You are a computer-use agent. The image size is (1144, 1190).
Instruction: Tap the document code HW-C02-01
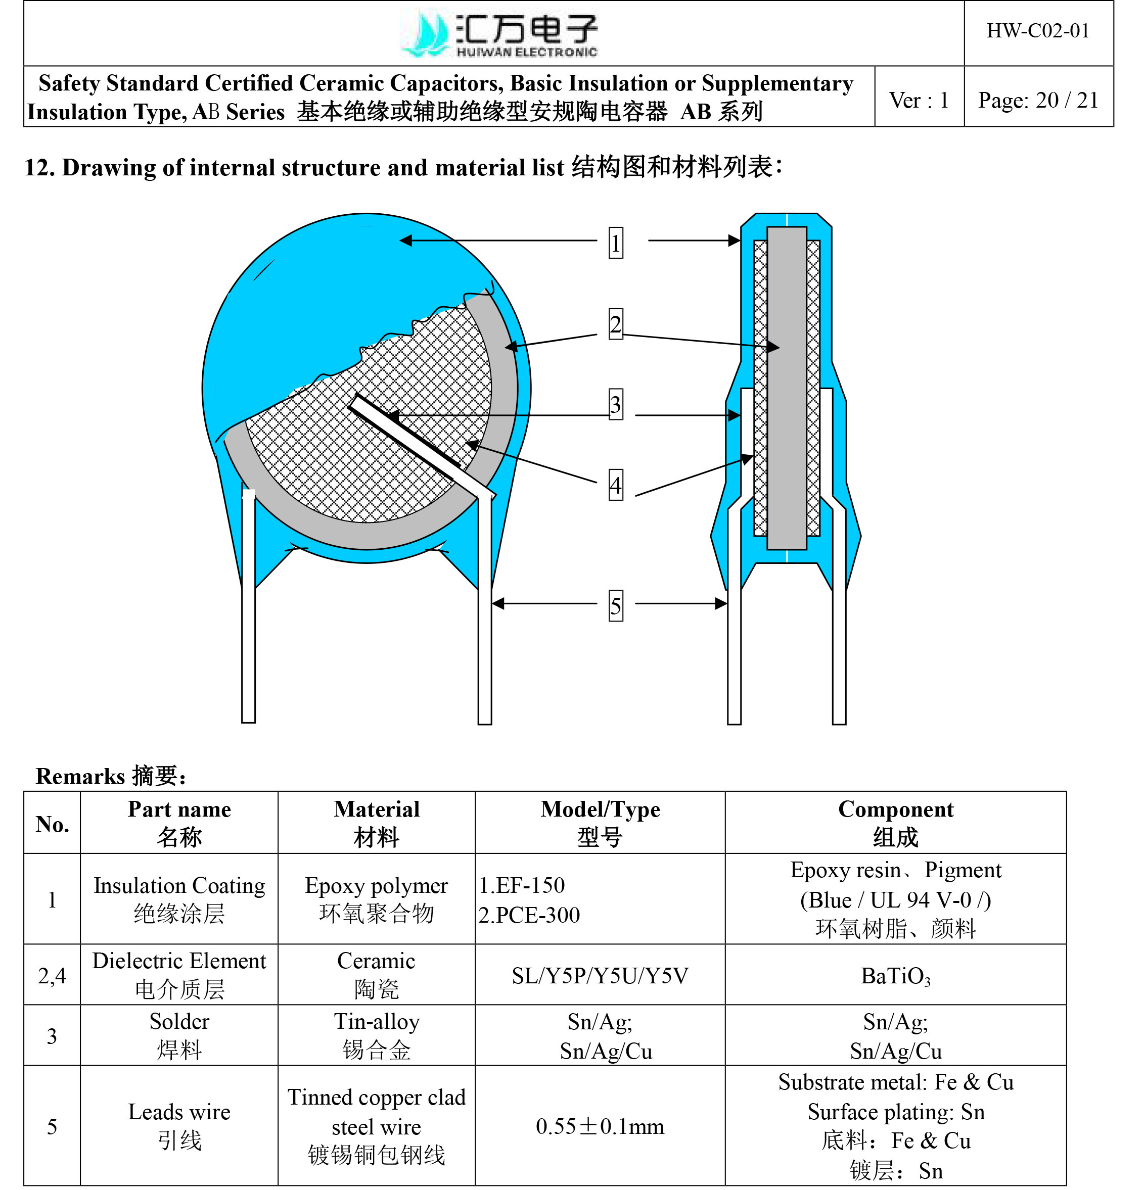pos(1038,31)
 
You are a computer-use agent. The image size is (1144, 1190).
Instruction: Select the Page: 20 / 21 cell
pos(1038,100)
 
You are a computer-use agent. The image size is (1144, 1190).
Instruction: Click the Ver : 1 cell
pos(919,100)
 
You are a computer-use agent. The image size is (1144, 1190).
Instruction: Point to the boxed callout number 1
pos(615,243)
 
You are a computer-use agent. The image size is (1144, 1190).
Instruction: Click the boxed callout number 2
pos(615,324)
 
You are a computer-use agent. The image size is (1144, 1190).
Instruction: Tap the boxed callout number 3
pos(615,404)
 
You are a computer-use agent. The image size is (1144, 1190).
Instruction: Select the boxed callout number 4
pos(615,485)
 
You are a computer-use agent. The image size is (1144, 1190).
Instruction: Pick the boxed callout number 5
pos(615,605)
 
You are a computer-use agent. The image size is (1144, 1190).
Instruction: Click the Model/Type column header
pos(600,823)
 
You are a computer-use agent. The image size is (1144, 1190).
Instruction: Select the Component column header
pos(895,823)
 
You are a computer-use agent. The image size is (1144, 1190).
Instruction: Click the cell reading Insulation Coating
pos(179,899)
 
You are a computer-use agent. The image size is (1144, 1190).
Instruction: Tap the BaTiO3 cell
pos(895,976)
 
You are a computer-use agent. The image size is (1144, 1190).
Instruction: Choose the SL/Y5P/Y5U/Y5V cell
pos(600,976)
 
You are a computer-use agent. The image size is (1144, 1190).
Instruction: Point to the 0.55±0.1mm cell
pos(600,1126)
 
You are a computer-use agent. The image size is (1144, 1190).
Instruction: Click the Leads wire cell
pos(179,1126)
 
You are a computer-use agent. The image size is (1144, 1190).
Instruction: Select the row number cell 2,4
pos(52,976)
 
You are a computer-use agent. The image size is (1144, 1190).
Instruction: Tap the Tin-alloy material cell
pos(376,1036)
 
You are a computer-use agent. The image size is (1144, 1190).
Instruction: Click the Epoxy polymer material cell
pos(376,899)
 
